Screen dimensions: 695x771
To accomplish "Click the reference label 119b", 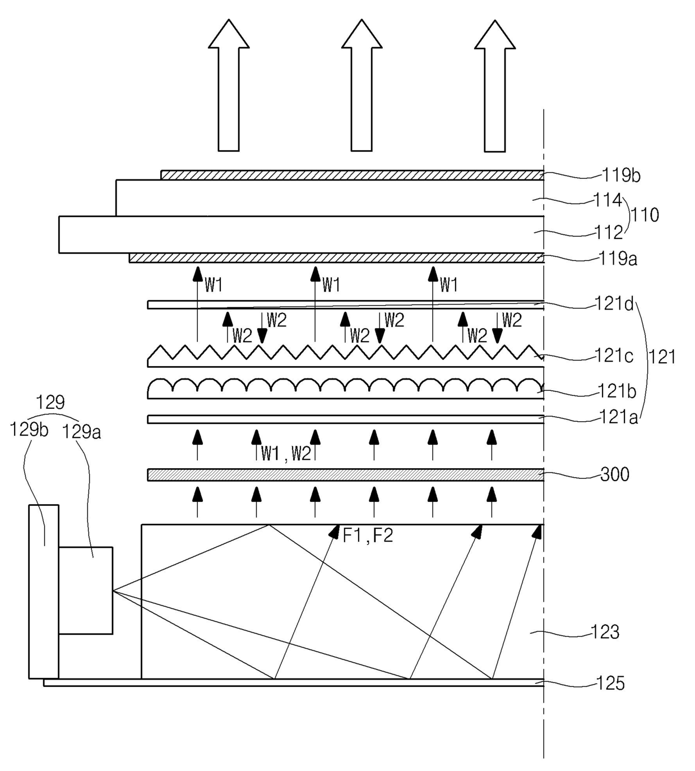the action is point(621,176).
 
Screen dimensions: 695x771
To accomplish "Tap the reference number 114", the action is point(608,200).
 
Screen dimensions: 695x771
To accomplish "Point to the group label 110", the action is point(645,215).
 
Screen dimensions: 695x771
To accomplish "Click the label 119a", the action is point(618,259).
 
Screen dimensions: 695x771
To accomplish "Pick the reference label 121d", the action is point(614,304).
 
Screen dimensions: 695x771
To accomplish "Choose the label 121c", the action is point(614,356).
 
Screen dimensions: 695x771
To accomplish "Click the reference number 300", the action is point(615,475).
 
